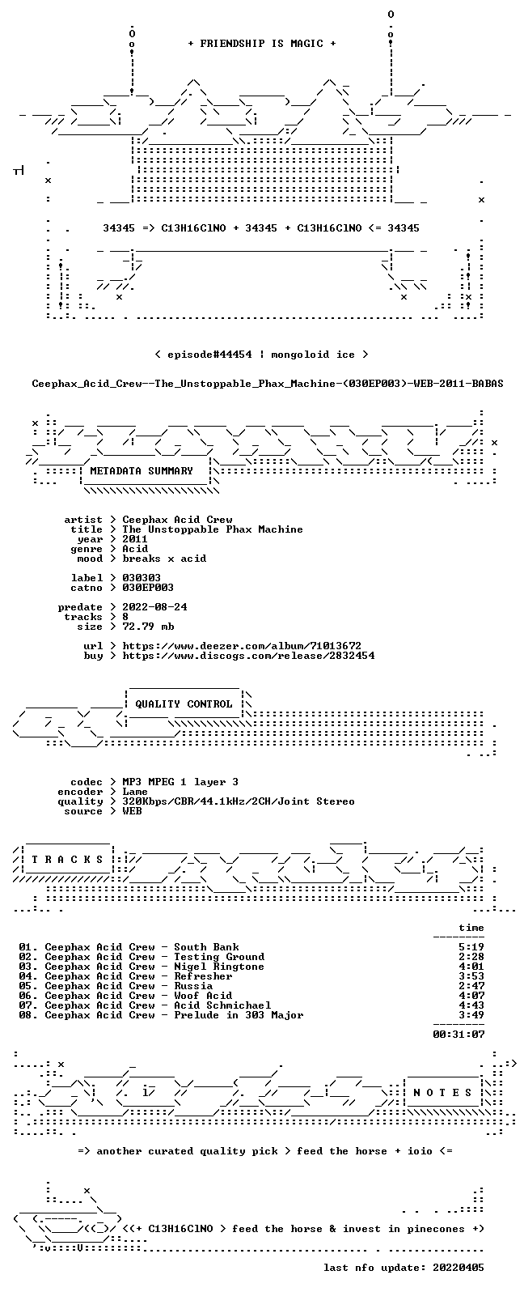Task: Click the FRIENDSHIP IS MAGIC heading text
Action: [262, 43]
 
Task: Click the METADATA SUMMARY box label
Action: [142, 470]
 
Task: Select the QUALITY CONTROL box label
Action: [184, 703]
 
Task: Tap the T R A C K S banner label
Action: [67, 860]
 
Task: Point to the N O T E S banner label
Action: [442, 1092]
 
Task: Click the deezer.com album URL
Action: [242, 645]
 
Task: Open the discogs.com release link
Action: [248, 655]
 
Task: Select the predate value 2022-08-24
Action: [154, 607]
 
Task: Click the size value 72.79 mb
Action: [148, 627]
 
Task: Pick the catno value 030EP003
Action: [147, 588]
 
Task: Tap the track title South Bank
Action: [206, 947]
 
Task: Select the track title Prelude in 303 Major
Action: [239, 1015]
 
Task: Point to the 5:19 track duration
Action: [471, 947]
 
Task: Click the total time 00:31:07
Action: [458, 1035]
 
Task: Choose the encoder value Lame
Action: [135, 792]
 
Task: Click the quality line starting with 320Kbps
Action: [239, 801]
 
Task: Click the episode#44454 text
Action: [209, 354]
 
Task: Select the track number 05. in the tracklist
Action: [28, 986]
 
